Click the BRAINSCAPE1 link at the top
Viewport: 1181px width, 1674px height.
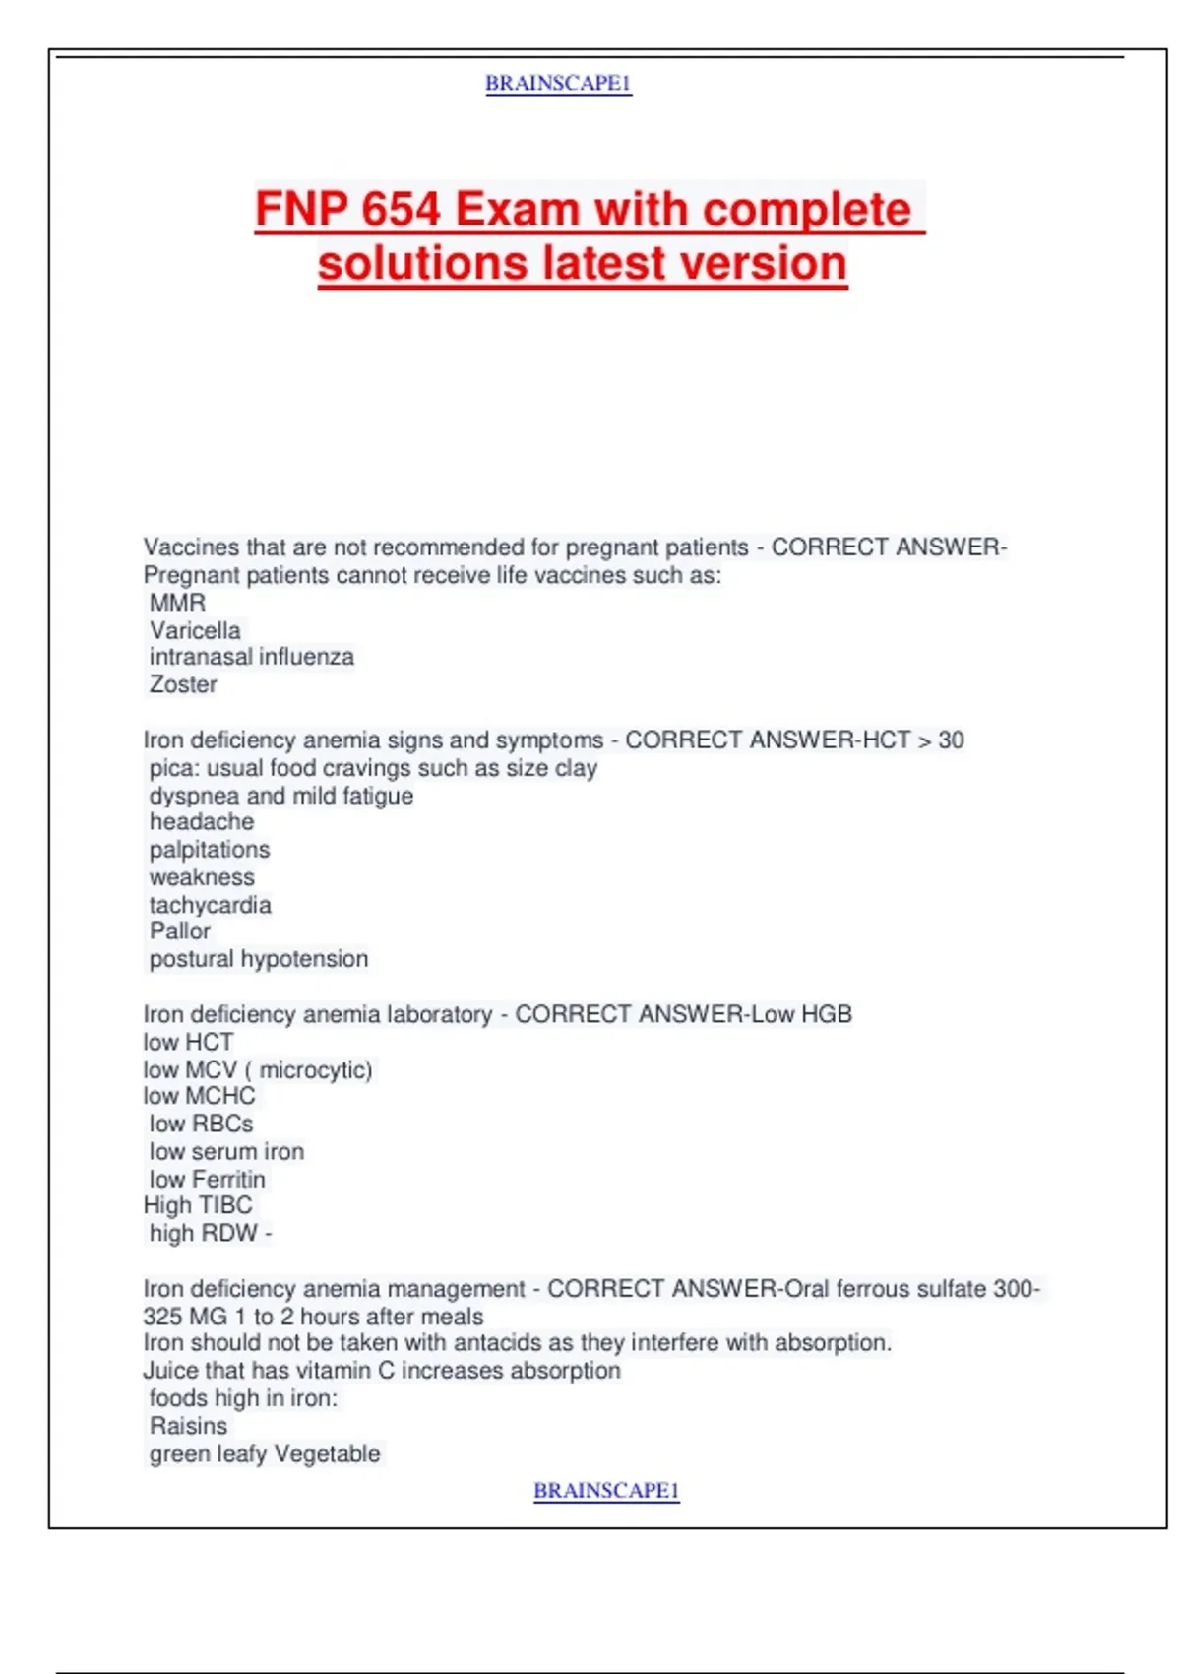(558, 84)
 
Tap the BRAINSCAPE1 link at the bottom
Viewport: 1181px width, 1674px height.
(606, 1491)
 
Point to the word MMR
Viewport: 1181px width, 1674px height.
(177, 603)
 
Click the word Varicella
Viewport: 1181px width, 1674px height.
(195, 630)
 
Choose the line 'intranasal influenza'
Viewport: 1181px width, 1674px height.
(251, 657)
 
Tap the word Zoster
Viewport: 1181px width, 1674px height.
(183, 684)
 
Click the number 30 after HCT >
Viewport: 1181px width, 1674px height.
(951, 740)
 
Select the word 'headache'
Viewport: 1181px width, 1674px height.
(202, 822)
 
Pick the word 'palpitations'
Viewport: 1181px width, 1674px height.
(210, 850)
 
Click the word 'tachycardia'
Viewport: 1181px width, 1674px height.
(210, 905)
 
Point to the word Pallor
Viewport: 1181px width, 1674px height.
(180, 932)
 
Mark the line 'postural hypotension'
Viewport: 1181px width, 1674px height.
(259, 959)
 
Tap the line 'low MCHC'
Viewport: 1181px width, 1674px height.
(199, 1096)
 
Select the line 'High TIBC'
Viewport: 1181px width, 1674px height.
(198, 1205)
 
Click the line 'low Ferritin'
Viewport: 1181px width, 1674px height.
(207, 1179)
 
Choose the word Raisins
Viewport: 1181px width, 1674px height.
(188, 1426)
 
